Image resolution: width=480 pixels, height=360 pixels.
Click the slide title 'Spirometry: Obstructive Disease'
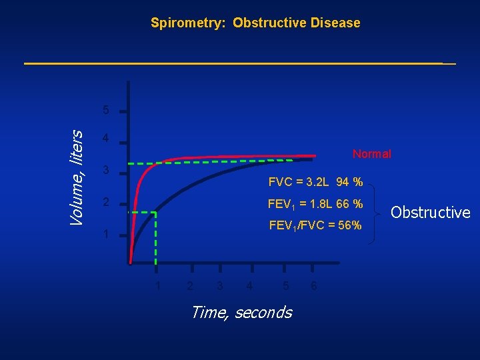click(x=255, y=23)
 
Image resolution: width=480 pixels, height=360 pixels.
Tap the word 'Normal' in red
click(x=371, y=154)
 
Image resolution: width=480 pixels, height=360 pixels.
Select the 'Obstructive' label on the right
click(x=430, y=213)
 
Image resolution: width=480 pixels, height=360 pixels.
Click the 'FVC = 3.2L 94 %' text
click(x=315, y=182)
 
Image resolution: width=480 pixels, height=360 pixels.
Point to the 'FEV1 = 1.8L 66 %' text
click(x=315, y=203)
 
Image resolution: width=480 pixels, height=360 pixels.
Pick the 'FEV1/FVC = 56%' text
click(x=315, y=225)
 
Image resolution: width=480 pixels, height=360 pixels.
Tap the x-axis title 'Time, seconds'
click(x=241, y=312)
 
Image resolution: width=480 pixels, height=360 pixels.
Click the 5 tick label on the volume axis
click(x=106, y=109)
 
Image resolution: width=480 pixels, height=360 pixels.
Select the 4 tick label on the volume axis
click(x=106, y=139)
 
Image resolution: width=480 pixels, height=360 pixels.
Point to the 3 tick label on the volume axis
click(x=106, y=171)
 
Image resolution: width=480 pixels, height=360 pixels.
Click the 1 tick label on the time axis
click(x=157, y=286)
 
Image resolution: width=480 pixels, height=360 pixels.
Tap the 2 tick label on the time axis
click(x=190, y=286)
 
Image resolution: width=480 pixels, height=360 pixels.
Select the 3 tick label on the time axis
click(x=220, y=286)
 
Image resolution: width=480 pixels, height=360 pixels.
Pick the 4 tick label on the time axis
click(x=249, y=286)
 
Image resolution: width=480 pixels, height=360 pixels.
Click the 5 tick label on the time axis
click(x=285, y=286)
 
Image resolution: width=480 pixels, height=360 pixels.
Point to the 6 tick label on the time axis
click(x=314, y=286)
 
